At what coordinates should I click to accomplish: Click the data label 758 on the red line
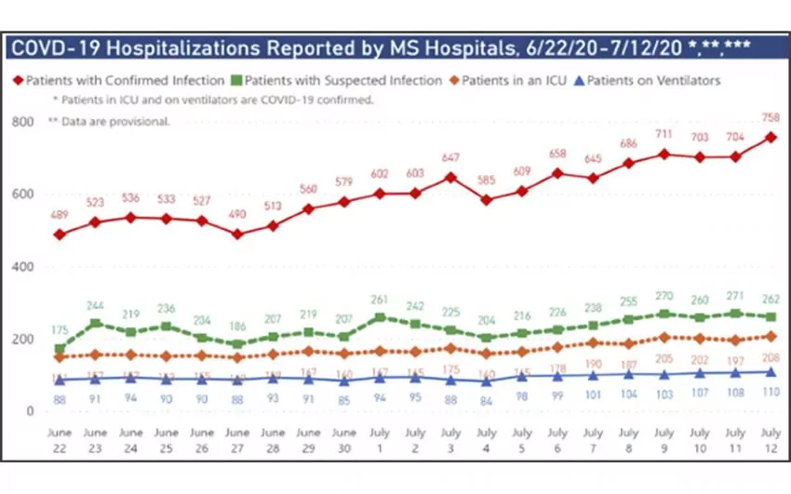point(771,118)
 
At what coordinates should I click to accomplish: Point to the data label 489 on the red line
point(60,214)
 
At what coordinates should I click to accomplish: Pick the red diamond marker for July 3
point(451,177)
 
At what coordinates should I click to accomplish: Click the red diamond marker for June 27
point(237,234)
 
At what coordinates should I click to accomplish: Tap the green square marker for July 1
point(380,318)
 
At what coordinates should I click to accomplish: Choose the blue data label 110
point(771,392)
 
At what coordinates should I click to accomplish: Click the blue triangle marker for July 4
point(487,381)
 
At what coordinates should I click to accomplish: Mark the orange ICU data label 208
point(771,356)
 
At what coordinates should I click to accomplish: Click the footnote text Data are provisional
point(116,122)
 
